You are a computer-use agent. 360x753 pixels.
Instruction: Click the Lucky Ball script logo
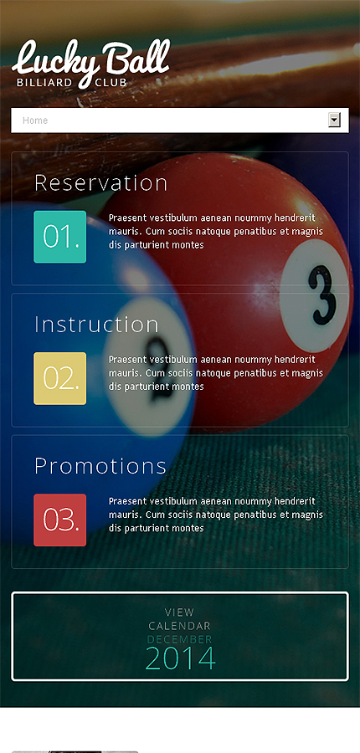91,60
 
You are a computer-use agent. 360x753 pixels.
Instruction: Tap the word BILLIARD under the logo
44,83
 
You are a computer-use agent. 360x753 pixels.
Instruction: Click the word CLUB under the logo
111,83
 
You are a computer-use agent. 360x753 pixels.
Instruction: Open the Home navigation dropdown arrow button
334,120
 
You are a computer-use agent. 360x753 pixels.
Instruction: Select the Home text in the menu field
35,120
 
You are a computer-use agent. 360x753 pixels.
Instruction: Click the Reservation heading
101,183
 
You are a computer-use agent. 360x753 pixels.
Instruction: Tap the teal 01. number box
60,237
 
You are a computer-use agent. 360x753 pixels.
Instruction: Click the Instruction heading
96,324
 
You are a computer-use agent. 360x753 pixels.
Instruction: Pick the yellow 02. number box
60,378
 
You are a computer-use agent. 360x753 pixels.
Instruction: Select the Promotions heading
100,466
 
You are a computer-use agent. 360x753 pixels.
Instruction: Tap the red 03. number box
60,520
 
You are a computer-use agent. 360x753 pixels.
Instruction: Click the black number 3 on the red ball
322,295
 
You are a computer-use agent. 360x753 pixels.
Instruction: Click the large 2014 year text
180,658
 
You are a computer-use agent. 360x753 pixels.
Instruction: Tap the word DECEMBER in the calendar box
180,639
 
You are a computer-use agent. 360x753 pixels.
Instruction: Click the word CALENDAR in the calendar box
180,626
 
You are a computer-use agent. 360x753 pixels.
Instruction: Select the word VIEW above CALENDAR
180,612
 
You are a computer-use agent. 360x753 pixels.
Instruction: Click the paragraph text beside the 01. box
216,232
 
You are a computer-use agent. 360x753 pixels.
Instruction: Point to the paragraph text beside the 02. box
216,373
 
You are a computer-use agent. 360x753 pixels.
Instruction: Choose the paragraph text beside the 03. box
216,515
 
